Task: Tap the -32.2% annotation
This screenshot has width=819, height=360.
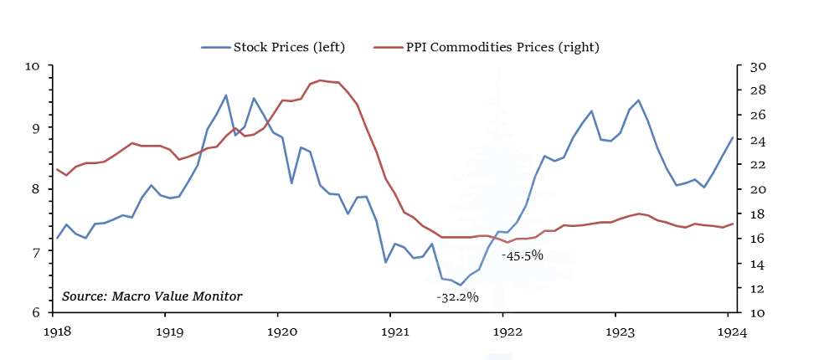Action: pos(457,297)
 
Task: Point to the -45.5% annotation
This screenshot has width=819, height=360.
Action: pos(523,255)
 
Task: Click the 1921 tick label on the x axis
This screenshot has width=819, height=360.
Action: pos(390,332)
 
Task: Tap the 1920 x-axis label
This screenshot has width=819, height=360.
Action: pos(278,332)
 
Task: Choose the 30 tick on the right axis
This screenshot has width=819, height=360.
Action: pos(745,66)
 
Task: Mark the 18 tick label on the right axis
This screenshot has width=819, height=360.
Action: pos(745,214)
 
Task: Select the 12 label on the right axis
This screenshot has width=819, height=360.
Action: pos(745,289)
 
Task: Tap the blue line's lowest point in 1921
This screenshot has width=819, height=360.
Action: pos(461,285)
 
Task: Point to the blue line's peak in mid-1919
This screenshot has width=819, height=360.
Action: pos(225,95)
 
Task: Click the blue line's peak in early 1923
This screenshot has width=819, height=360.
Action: pos(639,100)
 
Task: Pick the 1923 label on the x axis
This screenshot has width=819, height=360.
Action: pos(616,332)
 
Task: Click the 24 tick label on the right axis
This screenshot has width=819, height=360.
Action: pos(745,141)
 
